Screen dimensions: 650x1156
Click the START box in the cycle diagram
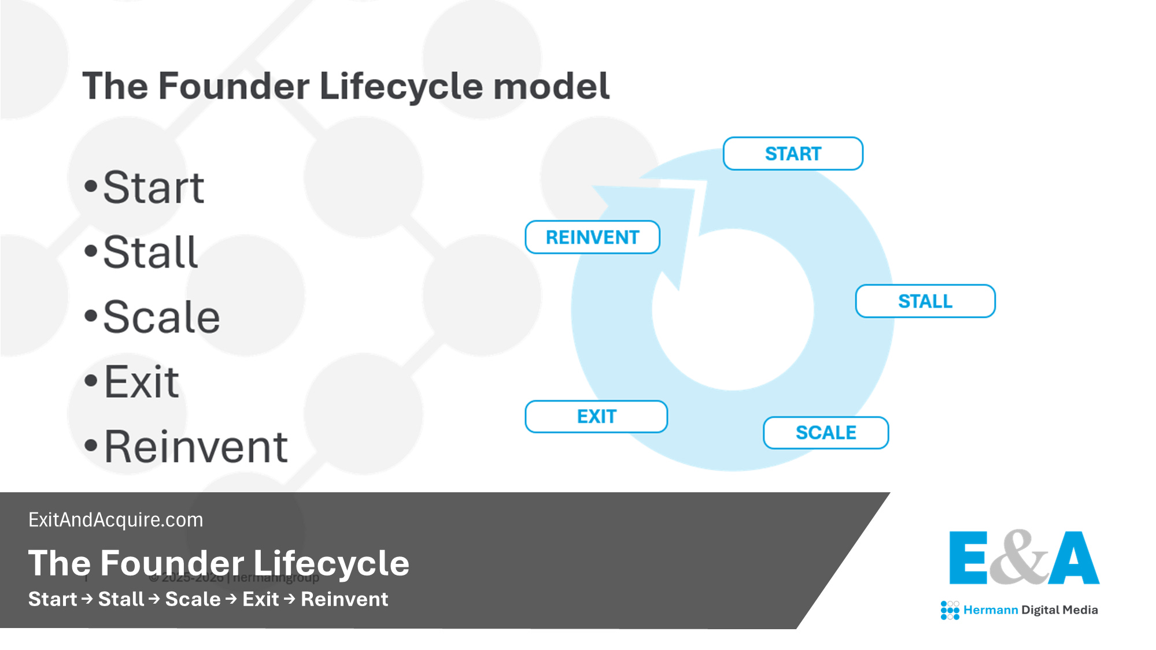coord(793,154)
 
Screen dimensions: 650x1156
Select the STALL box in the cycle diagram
coord(925,301)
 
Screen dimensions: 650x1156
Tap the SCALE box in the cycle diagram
coord(825,433)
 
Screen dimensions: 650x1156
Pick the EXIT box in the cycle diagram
coord(596,417)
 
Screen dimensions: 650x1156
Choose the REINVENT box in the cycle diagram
coord(592,237)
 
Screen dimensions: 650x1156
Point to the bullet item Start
coord(153,187)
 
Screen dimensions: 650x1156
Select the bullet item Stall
coord(150,252)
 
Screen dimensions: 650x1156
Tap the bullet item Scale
coord(161,317)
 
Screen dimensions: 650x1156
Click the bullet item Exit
coord(142,382)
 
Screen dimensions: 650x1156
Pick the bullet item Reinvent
coord(195,447)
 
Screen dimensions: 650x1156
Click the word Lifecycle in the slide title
coord(400,87)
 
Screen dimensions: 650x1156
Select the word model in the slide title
coord(551,87)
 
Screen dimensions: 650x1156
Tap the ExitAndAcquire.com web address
coord(116,520)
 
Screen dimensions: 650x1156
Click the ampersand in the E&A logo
coord(1019,557)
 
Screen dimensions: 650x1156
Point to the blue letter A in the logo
coord(1074,558)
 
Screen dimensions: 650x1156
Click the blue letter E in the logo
coord(969,558)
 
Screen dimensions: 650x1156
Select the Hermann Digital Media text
coord(1030,610)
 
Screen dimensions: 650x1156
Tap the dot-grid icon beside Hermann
coord(950,610)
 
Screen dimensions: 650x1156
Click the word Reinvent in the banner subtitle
coord(344,599)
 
